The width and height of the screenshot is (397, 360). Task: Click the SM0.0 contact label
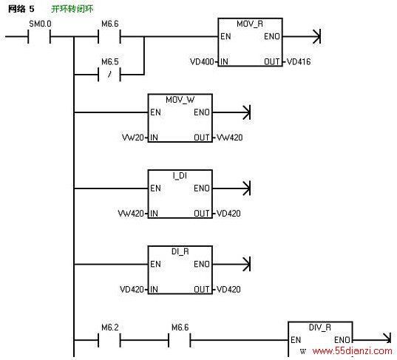(x=40, y=24)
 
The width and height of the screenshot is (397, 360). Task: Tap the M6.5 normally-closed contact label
(x=110, y=62)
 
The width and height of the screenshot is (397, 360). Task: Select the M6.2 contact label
(x=110, y=327)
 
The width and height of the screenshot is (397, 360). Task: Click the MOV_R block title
(x=250, y=24)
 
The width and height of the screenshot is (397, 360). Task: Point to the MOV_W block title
(x=180, y=100)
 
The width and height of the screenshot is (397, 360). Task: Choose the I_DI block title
(x=180, y=175)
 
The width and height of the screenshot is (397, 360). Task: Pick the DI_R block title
(x=180, y=251)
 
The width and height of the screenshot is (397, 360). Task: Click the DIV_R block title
(x=320, y=327)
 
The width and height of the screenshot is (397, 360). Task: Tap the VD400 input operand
(x=202, y=61)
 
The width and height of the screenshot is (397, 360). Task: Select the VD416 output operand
(x=299, y=61)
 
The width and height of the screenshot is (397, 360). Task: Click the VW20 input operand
(x=133, y=137)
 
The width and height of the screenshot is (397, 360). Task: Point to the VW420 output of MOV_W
(x=230, y=137)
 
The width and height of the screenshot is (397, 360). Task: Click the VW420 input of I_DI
(x=131, y=214)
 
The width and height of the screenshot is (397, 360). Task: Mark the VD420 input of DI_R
(x=132, y=289)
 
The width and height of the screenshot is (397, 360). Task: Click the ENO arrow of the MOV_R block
(x=302, y=36)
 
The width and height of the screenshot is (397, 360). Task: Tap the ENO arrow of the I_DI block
(x=231, y=189)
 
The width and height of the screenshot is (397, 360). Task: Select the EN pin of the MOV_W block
(x=155, y=112)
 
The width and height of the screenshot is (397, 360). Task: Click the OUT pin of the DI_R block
(x=202, y=289)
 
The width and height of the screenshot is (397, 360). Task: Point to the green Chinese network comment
(x=72, y=9)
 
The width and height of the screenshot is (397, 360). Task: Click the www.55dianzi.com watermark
(x=352, y=351)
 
